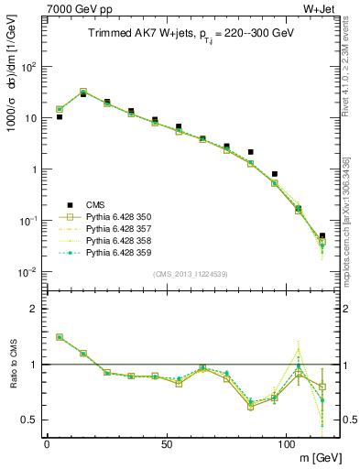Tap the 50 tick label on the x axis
(166, 442)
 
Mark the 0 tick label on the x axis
(47, 442)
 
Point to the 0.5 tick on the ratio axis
(32, 420)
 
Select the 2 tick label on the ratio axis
(38, 309)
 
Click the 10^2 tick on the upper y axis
(31, 67)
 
